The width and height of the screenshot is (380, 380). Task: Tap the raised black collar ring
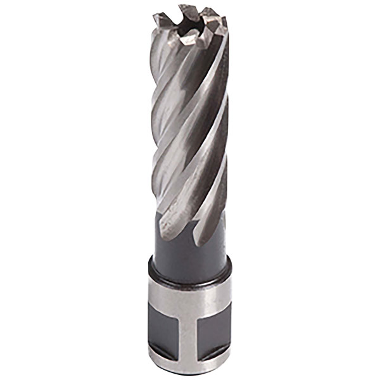click(x=189, y=269)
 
